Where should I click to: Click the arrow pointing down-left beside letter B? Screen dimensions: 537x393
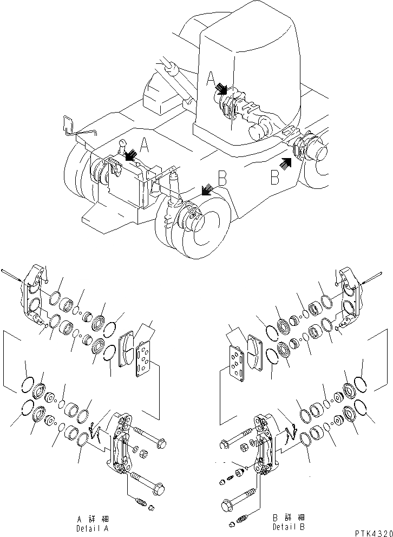point(207,189)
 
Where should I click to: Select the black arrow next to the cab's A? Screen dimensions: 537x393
point(221,88)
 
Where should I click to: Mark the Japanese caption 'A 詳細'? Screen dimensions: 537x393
point(95,519)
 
